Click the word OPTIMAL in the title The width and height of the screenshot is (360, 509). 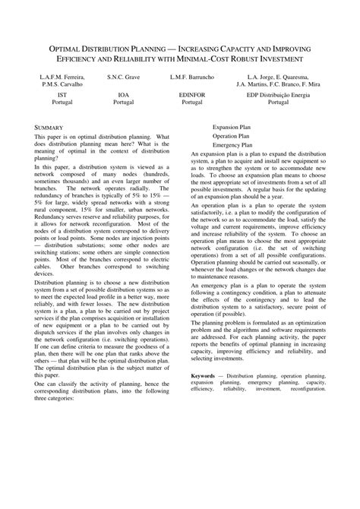tap(71, 46)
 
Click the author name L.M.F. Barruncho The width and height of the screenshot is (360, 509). tap(191, 77)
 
